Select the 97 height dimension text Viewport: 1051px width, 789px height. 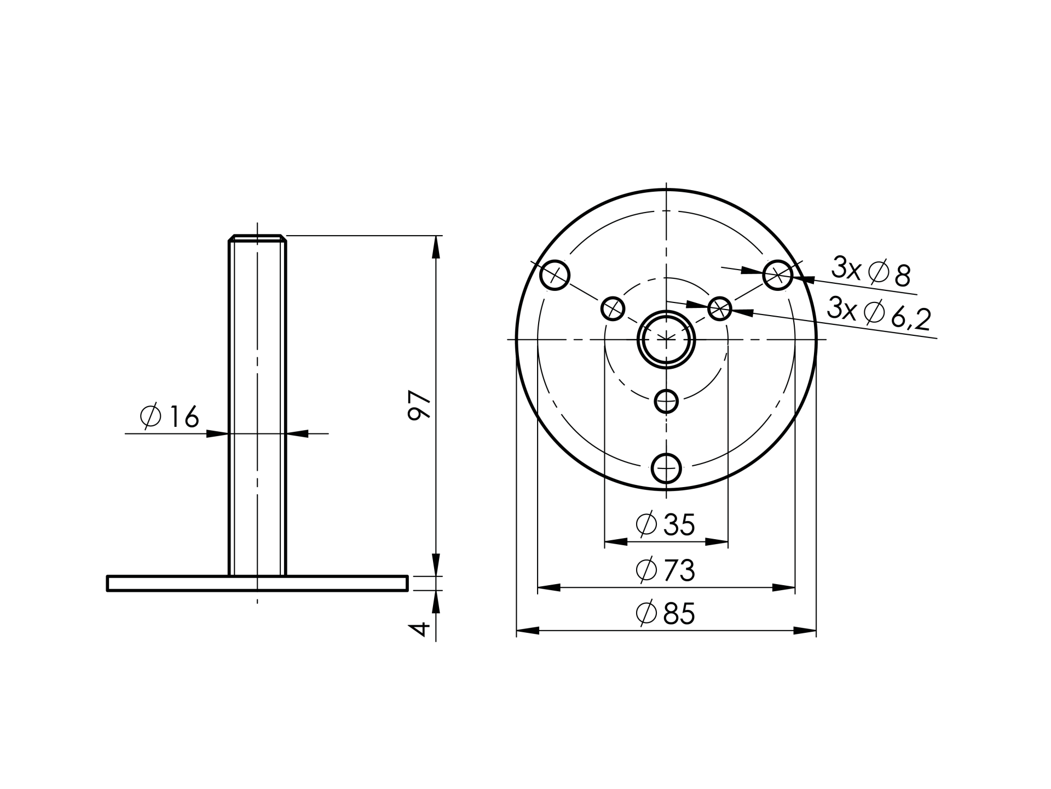click(420, 405)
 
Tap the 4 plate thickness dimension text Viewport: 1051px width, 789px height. click(419, 629)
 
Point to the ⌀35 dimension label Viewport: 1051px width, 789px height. click(665, 524)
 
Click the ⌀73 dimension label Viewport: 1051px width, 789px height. click(665, 570)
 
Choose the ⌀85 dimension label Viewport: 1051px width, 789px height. click(665, 613)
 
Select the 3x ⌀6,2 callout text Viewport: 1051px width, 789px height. click(879, 313)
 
